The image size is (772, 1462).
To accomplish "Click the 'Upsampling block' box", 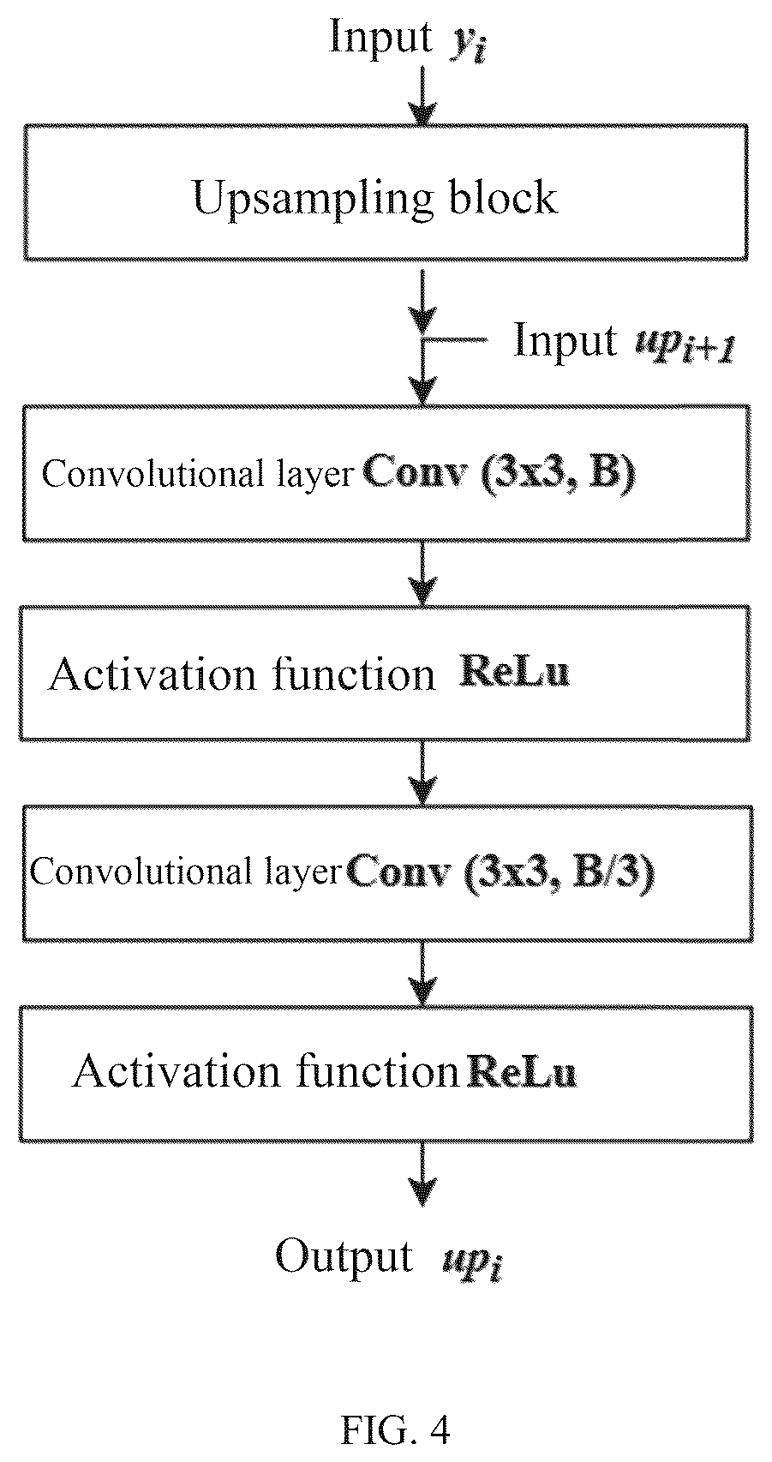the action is [386, 192].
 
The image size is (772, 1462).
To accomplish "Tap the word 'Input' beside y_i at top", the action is [380, 37].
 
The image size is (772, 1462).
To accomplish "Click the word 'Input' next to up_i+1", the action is [566, 340].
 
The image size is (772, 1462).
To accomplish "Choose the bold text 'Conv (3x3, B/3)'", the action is [500, 872].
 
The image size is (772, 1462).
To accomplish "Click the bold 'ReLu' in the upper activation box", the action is [514, 672].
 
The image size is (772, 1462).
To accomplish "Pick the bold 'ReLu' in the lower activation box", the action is [522, 1072].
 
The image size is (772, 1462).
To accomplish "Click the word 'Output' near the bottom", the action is [344, 1255].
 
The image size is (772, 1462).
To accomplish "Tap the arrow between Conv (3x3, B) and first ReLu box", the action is [423, 573].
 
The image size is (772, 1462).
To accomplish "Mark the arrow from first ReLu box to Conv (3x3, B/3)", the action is [423, 774].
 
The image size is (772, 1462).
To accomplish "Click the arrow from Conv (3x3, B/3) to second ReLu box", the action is [423, 974].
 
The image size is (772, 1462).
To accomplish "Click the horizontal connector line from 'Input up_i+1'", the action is [456, 339].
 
